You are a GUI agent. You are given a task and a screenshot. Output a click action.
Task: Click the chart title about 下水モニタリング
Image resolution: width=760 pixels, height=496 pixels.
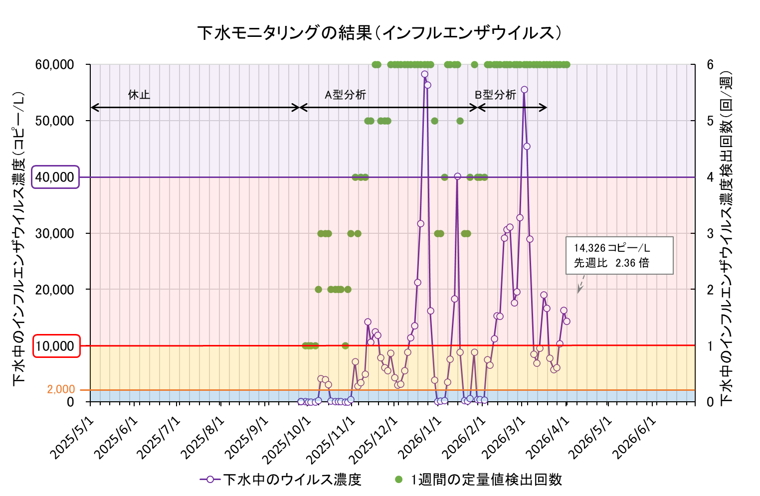(x=380, y=33)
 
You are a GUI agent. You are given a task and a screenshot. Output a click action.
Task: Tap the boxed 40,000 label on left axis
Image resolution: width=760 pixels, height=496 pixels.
(x=55, y=177)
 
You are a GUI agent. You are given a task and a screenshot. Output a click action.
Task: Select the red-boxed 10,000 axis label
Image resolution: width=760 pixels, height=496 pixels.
(x=56, y=346)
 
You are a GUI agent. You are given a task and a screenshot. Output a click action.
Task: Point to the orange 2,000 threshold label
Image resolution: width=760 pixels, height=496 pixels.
(x=61, y=389)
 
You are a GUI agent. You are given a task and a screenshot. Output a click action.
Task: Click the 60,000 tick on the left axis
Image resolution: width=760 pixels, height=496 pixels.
(x=55, y=65)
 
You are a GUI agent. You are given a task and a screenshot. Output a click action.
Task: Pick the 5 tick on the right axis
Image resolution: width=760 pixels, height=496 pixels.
(x=710, y=121)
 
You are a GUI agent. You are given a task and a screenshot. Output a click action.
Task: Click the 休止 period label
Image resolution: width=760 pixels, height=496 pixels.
(x=139, y=95)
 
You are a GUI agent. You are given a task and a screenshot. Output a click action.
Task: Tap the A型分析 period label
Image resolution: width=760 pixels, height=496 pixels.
(x=345, y=95)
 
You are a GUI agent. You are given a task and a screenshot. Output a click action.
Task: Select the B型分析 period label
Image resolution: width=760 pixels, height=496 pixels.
(x=495, y=95)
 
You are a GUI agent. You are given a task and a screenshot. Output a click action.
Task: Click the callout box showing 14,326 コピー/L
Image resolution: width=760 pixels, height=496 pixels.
(x=619, y=255)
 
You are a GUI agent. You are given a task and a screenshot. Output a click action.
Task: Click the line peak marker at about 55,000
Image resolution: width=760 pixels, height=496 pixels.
(x=524, y=90)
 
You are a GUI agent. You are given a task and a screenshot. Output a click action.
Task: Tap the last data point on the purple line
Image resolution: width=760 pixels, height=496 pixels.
(x=567, y=321)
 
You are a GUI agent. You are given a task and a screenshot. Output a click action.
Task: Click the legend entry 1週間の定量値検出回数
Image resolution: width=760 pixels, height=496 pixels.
(x=479, y=480)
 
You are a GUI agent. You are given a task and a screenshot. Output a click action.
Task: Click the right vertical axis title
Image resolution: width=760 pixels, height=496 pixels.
(x=727, y=238)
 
